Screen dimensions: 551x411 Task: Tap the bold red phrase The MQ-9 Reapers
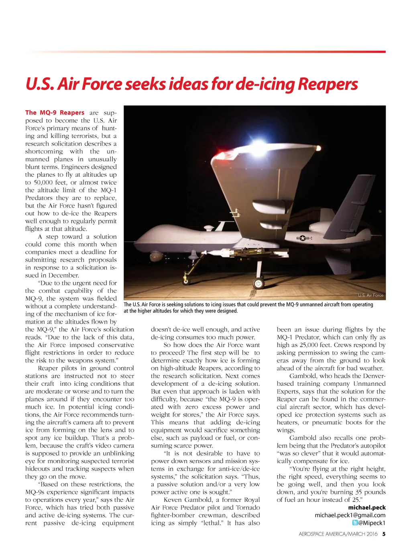(x=55, y=113)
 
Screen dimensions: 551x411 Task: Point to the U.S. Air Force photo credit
(x=370, y=295)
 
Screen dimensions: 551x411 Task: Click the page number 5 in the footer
(x=384, y=534)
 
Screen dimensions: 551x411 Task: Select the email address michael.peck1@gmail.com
(x=350, y=515)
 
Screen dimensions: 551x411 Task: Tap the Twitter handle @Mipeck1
(x=372, y=523)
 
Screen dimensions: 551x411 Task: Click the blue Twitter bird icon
(x=355, y=523)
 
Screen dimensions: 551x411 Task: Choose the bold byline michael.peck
(x=367, y=508)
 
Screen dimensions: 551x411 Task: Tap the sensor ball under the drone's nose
(x=156, y=256)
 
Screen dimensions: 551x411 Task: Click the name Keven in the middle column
(x=173, y=500)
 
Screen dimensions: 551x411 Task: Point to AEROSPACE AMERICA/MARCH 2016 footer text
(x=338, y=534)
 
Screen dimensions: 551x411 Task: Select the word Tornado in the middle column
(x=248, y=508)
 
